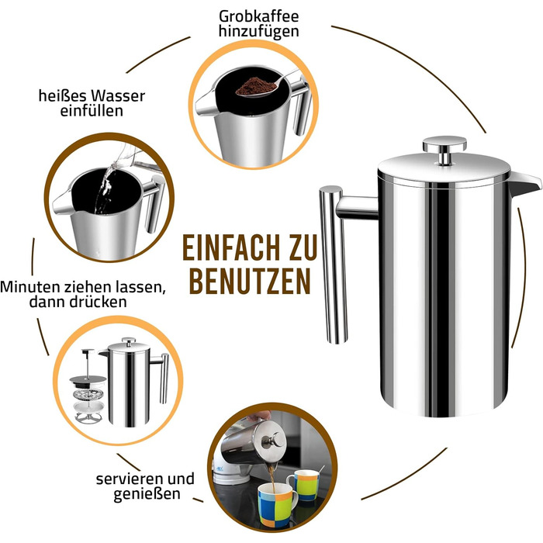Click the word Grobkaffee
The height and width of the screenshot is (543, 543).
pyautogui.click(x=259, y=16)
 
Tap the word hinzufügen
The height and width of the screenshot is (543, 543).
pyautogui.click(x=258, y=32)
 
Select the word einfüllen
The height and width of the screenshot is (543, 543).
pyautogui.click(x=92, y=111)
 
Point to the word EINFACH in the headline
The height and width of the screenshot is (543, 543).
pyautogui.click(x=230, y=247)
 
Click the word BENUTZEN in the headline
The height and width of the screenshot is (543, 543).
pyautogui.click(x=250, y=281)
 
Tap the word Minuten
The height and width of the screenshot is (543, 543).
pyautogui.click(x=30, y=287)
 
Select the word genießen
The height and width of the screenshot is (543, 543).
pyautogui.click(x=147, y=494)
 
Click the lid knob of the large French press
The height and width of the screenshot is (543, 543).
pyautogui.click(x=444, y=149)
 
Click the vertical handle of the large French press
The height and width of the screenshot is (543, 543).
pyautogui.click(x=333, y=265)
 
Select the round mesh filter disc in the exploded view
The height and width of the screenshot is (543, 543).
pyautogui.click(x=89, y=394)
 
